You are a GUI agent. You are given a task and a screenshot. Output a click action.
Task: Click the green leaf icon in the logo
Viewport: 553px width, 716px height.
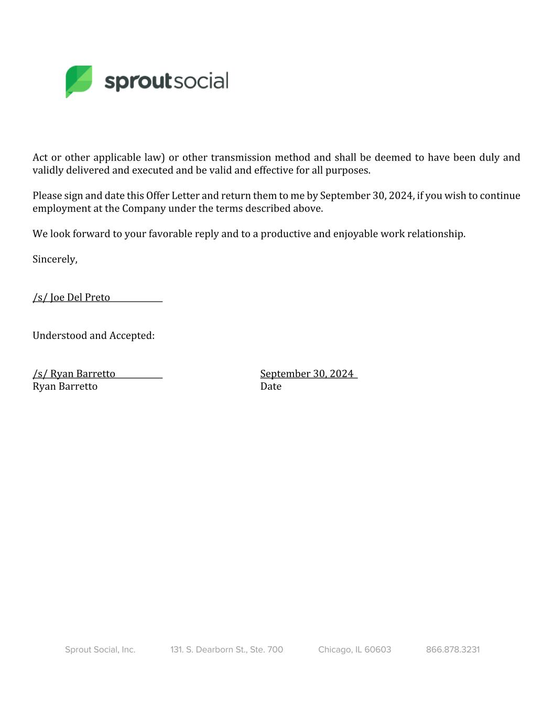[79, 81]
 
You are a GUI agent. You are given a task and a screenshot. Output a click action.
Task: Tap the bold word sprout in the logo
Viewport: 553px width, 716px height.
[138, 82]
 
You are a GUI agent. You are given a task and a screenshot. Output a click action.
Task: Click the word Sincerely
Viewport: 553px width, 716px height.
[55, 259]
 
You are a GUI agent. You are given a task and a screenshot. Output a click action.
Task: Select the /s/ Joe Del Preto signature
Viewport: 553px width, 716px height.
[72, 297]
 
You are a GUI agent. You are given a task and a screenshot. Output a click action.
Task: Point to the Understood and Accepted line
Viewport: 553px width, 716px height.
[93, 336]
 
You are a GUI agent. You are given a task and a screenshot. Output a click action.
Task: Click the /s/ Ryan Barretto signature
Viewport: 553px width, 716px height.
[74, 373]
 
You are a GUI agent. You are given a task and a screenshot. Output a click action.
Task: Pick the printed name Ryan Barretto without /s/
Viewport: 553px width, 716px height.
[65, 387]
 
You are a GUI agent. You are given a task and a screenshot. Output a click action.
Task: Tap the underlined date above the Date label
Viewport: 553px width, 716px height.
[307, 373]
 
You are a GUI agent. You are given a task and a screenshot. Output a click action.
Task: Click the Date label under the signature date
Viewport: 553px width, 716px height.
[270, 387]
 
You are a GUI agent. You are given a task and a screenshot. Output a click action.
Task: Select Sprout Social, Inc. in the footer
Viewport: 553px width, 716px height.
[100, 649]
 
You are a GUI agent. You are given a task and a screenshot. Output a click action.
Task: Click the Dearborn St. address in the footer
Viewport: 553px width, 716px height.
[226, 649]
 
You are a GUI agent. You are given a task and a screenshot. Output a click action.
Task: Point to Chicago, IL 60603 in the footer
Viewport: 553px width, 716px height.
[354, 649]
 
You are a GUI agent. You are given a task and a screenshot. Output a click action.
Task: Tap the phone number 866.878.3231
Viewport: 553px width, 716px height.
[452, 649]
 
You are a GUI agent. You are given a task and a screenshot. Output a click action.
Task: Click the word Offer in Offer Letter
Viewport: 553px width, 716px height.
[157, 196]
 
